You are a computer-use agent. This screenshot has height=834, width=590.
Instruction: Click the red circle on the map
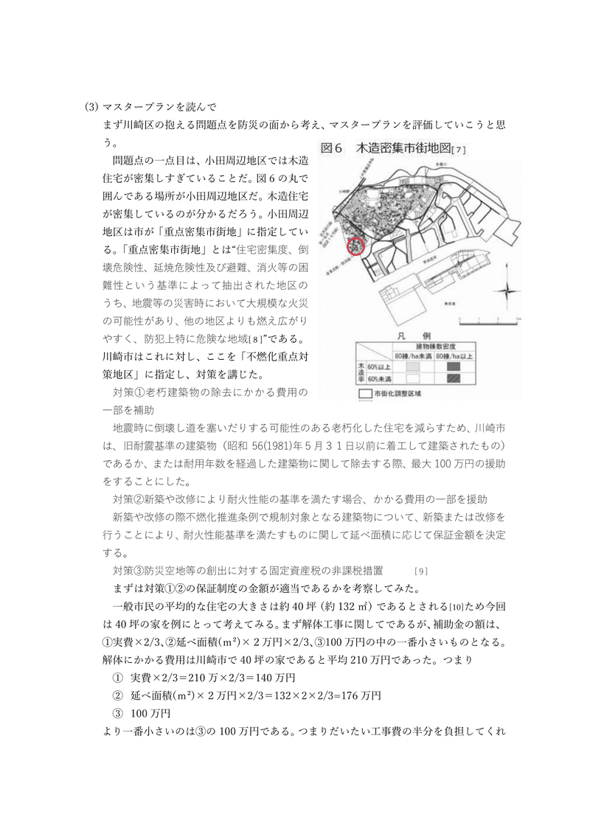tap(356, 246)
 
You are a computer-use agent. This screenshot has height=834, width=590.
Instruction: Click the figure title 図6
tap(333, 148)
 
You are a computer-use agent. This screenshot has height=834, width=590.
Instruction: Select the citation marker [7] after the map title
tap(459, 150)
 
